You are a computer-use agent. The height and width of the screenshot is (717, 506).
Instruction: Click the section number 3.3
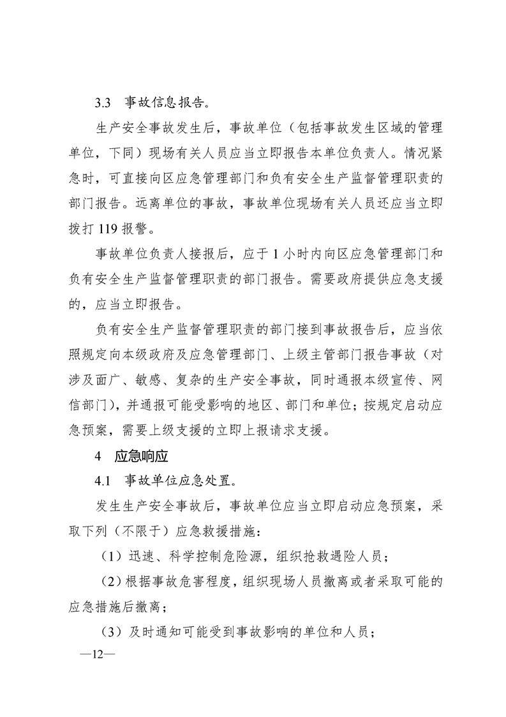(x=103, y=102)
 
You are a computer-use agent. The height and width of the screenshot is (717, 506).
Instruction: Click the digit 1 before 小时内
(x=274, y=252)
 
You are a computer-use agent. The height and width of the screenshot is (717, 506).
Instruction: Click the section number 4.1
(x=103, y=480)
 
